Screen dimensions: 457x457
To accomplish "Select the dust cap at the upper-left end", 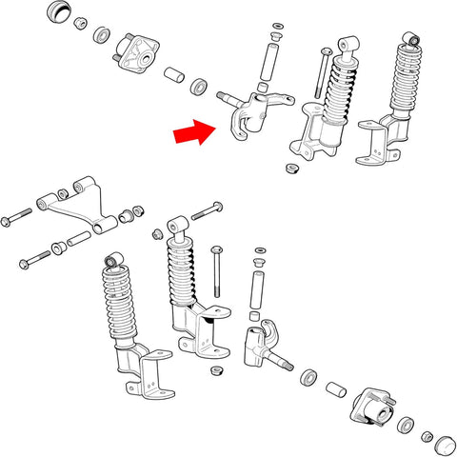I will [x=60, y=13].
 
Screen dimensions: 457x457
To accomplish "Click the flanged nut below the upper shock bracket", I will [x=292, y=168].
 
